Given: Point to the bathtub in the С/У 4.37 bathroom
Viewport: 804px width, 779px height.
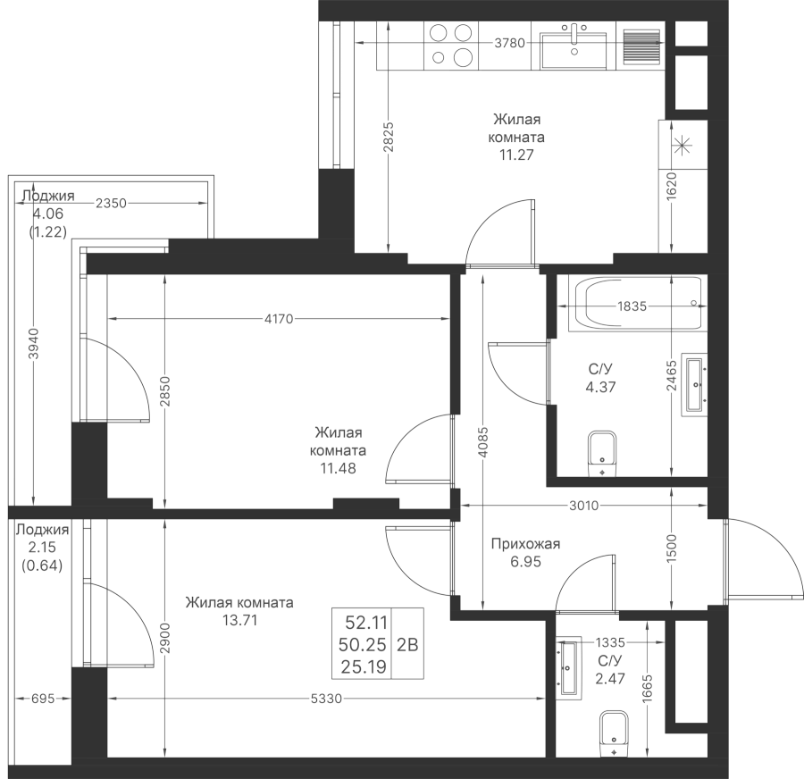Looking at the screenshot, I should pos(639,304).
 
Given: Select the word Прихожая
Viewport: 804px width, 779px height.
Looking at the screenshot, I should pos(525,543).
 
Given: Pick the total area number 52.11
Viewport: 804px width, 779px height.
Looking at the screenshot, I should pos(362,622).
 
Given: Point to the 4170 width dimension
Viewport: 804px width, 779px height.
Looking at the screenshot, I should pos(280,318).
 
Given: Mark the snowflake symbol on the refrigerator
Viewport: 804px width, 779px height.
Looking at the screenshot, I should pos(683,146).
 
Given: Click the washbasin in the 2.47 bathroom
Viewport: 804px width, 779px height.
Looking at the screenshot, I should pos(567,667).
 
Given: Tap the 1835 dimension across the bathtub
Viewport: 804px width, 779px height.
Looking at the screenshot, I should pos(632,306).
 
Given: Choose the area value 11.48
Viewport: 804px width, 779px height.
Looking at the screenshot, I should pos(338,467).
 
